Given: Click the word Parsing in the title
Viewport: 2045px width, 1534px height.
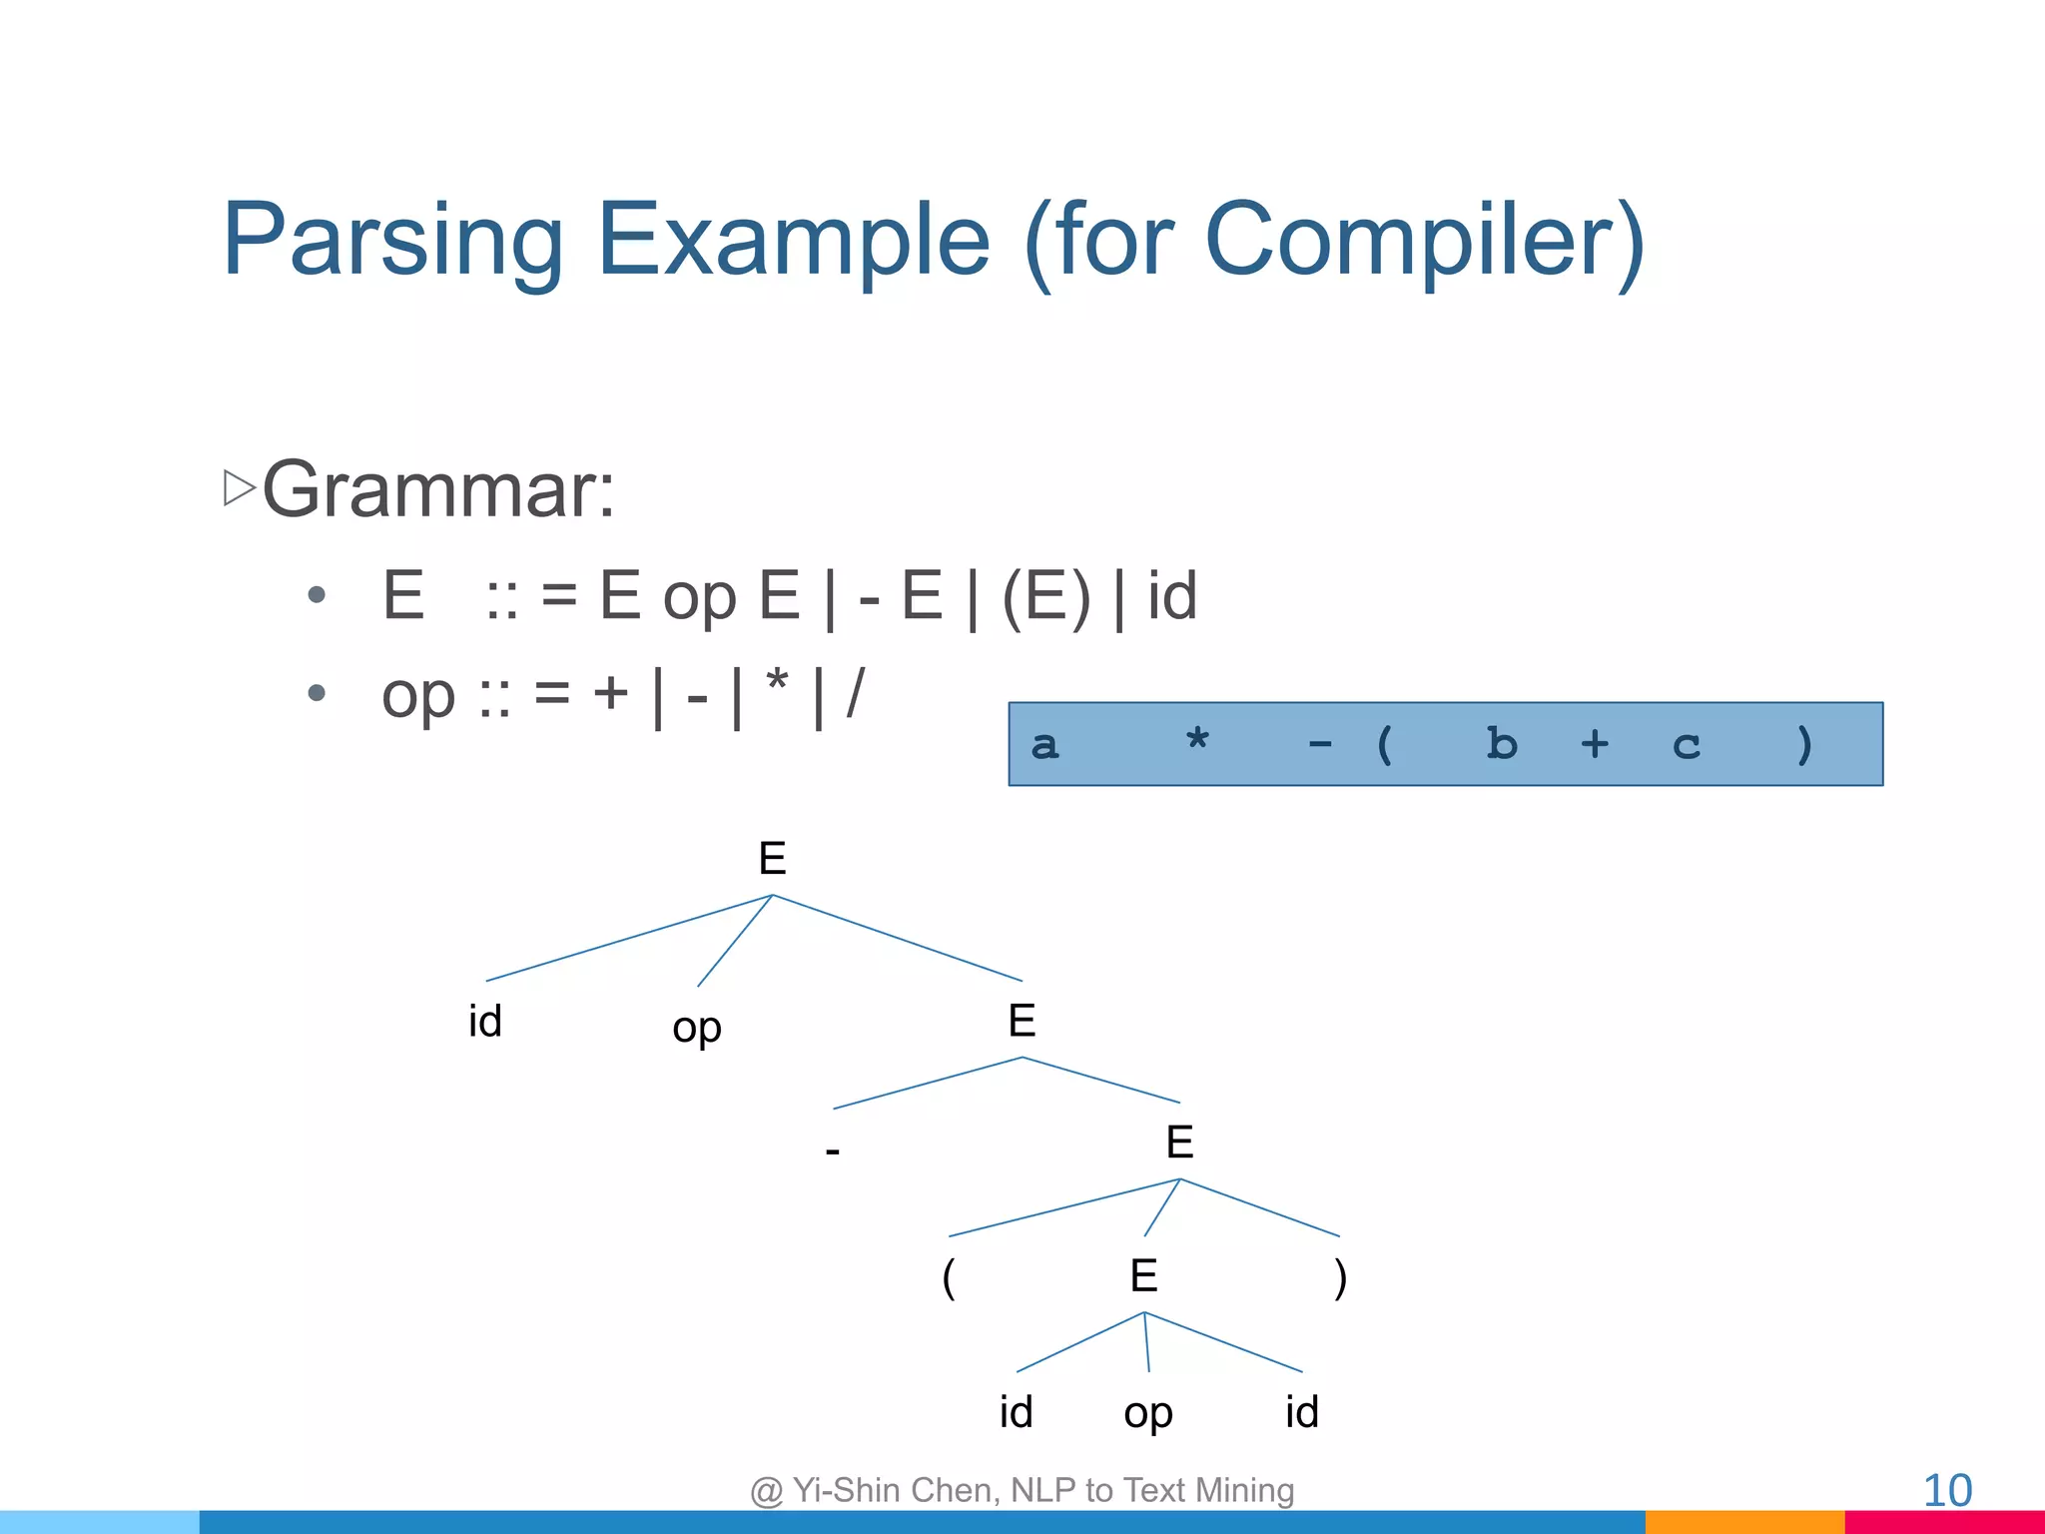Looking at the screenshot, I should [392, 242].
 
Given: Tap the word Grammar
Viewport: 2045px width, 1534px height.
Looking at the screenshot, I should [437, 489].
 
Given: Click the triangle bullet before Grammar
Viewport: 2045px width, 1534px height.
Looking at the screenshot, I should [239, 487].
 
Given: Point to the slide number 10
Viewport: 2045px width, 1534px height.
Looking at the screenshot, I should [1946, 1491].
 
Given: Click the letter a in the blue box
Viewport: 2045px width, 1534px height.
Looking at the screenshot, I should [1044, 745].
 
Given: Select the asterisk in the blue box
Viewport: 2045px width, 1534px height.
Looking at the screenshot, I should [1197, 741].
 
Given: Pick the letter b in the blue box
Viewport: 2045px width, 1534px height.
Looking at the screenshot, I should [1501, 744].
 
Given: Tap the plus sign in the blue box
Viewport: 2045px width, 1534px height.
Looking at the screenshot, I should [1595, 744].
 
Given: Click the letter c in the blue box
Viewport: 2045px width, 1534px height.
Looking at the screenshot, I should [1687, 746].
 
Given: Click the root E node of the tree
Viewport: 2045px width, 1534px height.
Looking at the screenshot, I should [772, 859].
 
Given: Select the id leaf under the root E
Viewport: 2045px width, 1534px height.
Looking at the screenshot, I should [485, 1022].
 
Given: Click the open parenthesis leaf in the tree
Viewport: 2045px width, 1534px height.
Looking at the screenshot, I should [949, 1277].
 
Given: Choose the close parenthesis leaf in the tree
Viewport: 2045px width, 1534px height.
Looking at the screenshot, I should [1340, 1277].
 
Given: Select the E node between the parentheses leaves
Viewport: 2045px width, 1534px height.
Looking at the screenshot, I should [1144, 1276].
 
